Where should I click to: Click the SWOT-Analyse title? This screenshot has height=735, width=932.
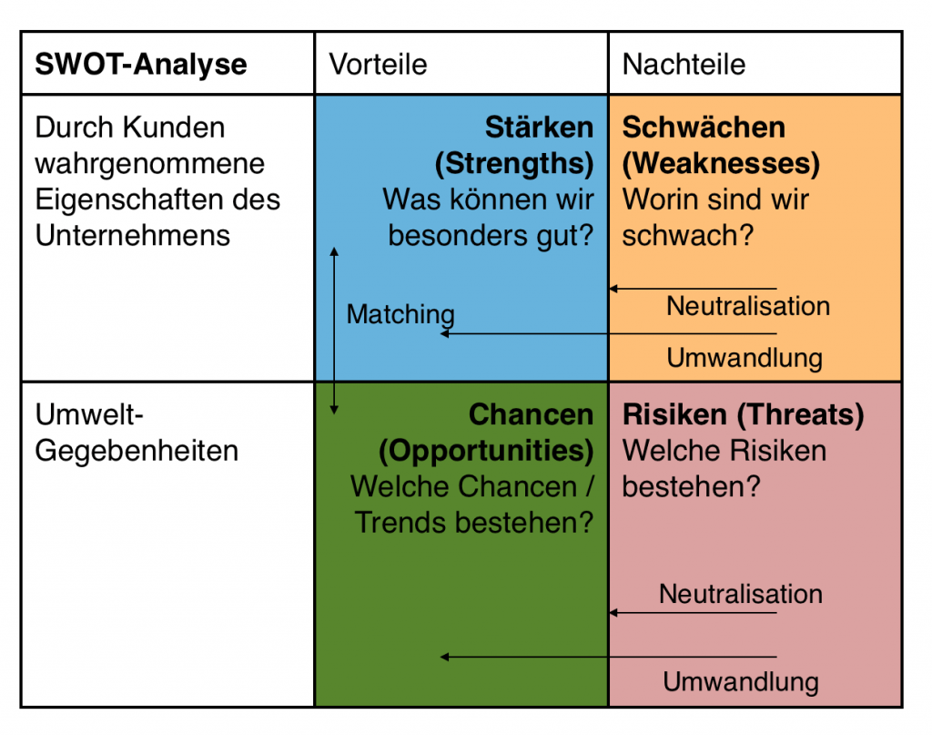(141, 64)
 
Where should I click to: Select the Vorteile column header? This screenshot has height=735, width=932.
(378, 64)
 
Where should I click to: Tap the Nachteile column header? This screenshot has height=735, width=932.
(684, 64)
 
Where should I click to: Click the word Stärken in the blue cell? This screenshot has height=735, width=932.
(539, 127)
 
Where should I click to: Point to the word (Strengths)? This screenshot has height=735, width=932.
(514, 164)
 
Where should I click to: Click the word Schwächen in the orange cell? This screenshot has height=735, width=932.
(704, 127)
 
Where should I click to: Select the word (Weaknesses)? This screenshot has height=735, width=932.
(721, 164)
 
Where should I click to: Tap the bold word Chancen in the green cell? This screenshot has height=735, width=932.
(531, 413)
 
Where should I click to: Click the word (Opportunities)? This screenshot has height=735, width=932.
(486, 451)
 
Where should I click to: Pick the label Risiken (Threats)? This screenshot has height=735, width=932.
(743, 414)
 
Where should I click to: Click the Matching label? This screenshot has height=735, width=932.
(400, 314)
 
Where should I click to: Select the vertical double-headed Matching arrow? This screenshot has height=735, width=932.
(334, 331)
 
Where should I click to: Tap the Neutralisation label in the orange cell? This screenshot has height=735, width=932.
(748, 306)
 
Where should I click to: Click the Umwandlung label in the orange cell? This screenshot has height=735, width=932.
(745, 358)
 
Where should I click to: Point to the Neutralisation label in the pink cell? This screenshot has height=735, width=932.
(741, 594)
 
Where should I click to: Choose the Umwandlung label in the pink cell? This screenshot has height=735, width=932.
(741, 681)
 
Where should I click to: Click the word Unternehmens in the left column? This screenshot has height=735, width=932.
(133, 236)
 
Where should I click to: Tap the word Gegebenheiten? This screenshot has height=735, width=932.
(137, 452)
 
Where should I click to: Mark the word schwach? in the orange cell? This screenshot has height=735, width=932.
(688, 236)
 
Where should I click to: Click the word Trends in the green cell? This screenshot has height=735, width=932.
(400, 523)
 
